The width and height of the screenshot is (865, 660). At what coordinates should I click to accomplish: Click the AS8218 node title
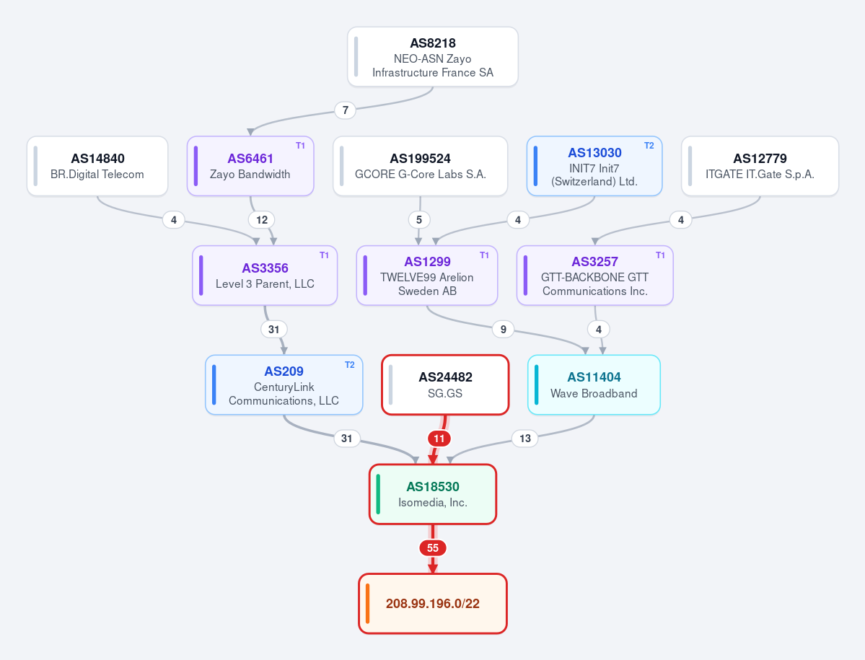[x=433, y=43]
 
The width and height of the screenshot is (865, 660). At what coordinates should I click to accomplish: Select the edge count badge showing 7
[x=346, y=110]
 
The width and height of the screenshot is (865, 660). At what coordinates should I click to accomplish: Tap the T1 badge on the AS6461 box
[x=300, y=146]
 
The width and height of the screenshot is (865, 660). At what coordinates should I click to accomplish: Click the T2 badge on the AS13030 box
[x=649, y=146]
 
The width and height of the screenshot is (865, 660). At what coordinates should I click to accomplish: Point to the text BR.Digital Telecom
[x=97, y=175]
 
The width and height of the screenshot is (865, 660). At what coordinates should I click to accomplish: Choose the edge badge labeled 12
[x=261, y=220]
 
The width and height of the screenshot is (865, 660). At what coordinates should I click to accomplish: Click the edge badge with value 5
[x=418, y=220]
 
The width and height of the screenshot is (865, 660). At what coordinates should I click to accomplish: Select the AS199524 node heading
[x=421, y=159]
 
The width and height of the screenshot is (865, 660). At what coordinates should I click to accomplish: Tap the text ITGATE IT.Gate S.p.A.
[x=760, y=175]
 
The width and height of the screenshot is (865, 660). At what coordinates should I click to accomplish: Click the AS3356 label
[x=265, y=268]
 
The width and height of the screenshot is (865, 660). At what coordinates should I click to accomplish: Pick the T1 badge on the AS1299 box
[x=484, y=255]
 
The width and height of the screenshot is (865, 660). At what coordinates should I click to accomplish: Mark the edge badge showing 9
[x=503, y=330]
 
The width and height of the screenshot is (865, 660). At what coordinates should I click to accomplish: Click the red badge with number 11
[x=439, y=439]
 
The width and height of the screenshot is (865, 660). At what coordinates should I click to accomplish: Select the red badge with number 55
[x=433, y=548]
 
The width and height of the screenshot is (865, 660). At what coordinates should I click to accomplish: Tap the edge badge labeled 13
[x=524, y=439]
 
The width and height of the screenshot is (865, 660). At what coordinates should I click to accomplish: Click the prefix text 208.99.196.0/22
[x=433, y=604]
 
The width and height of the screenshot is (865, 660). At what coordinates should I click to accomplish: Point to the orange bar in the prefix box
[x=367, y=604]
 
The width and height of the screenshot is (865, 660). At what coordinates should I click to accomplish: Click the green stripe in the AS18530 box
[x=378, y=494]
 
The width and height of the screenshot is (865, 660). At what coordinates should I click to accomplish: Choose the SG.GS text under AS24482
[x=444, y=394]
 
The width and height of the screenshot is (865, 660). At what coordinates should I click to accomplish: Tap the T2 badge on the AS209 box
[x=350, y=365]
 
